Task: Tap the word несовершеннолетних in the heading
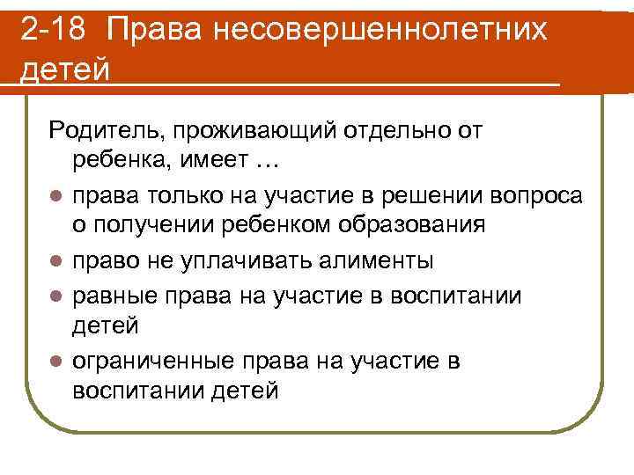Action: (x=393, y=31)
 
